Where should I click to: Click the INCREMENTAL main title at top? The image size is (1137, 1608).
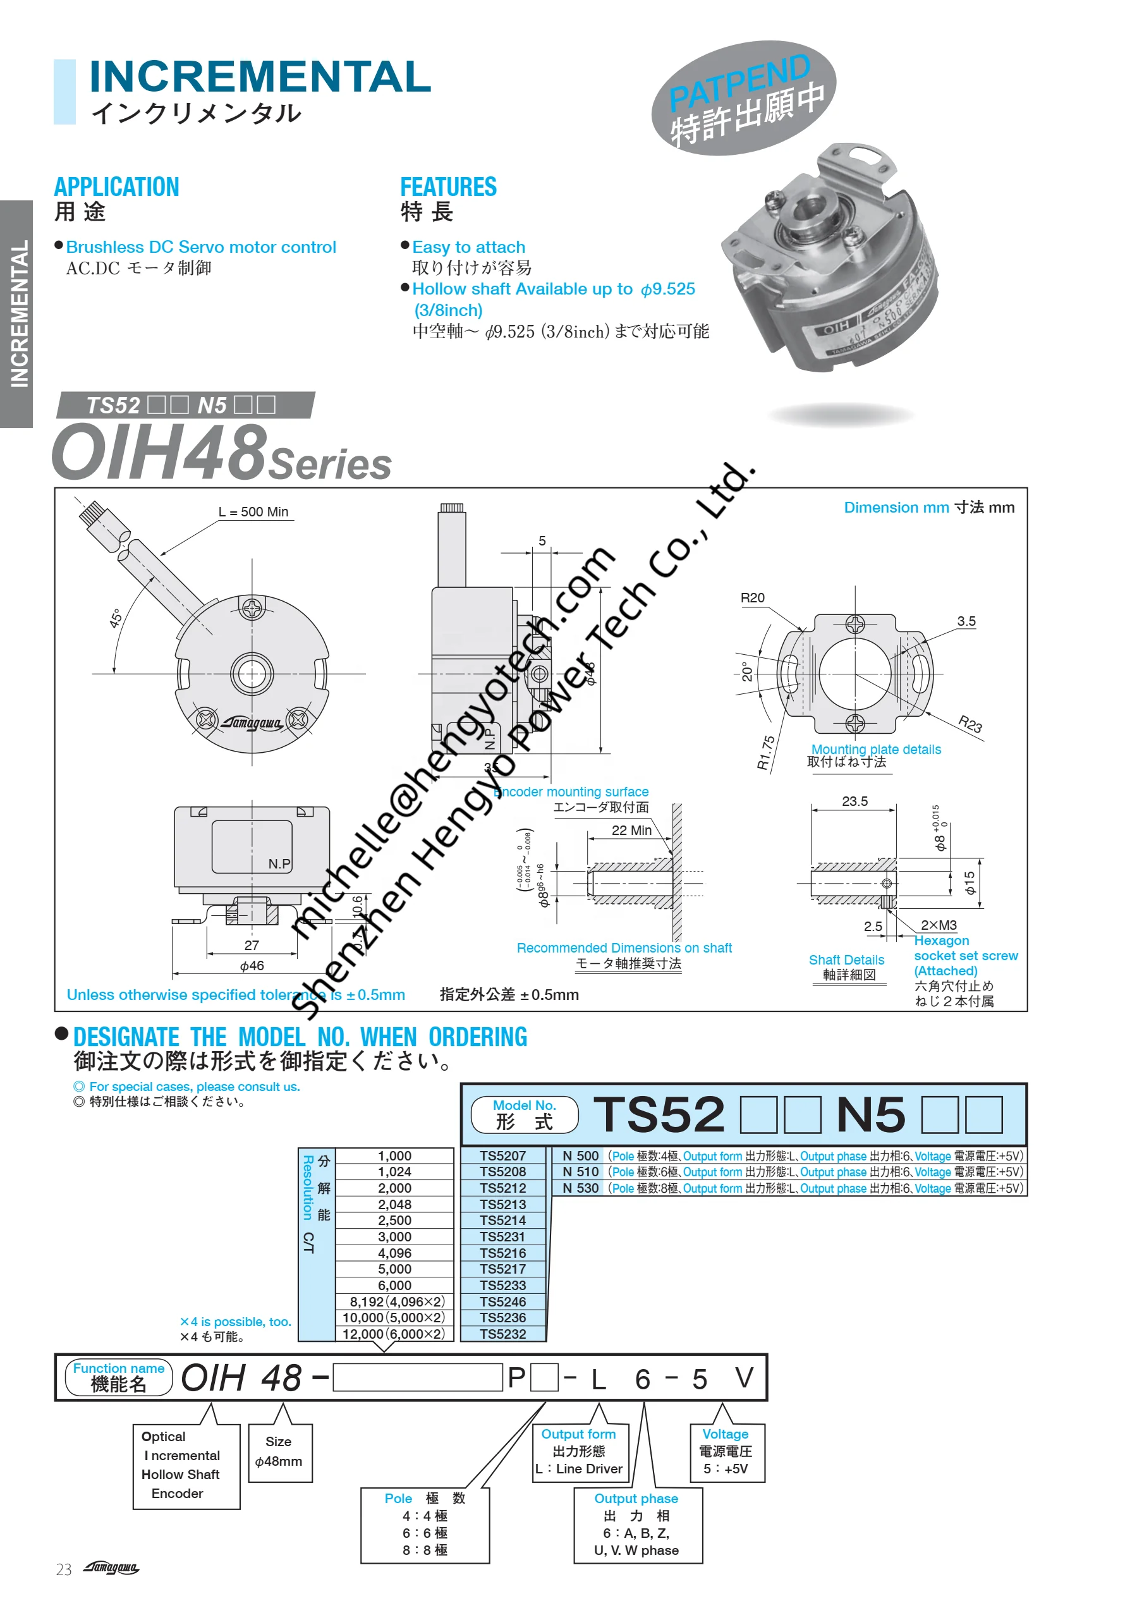click(260, 76)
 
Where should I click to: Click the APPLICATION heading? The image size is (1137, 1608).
click(116, 187)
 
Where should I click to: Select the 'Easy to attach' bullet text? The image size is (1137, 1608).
click(468, 247)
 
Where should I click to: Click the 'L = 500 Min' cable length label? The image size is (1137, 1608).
click(253, 512)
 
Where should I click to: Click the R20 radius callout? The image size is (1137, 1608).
click(752, 598)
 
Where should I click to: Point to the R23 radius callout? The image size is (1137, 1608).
click(970, 724)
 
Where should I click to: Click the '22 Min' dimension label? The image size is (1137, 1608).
click(631, 831)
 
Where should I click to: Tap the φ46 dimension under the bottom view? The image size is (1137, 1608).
click(252, 966)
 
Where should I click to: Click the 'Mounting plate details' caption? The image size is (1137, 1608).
click(875, 750)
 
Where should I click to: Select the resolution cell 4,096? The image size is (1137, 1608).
click(394, 1253)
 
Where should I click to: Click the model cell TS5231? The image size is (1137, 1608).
click(502, 1237)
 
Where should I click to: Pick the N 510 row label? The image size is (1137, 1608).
click(580, 1172)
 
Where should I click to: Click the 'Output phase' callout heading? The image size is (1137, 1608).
click(636, 1499)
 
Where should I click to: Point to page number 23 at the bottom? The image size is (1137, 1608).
click(64, 1569)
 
